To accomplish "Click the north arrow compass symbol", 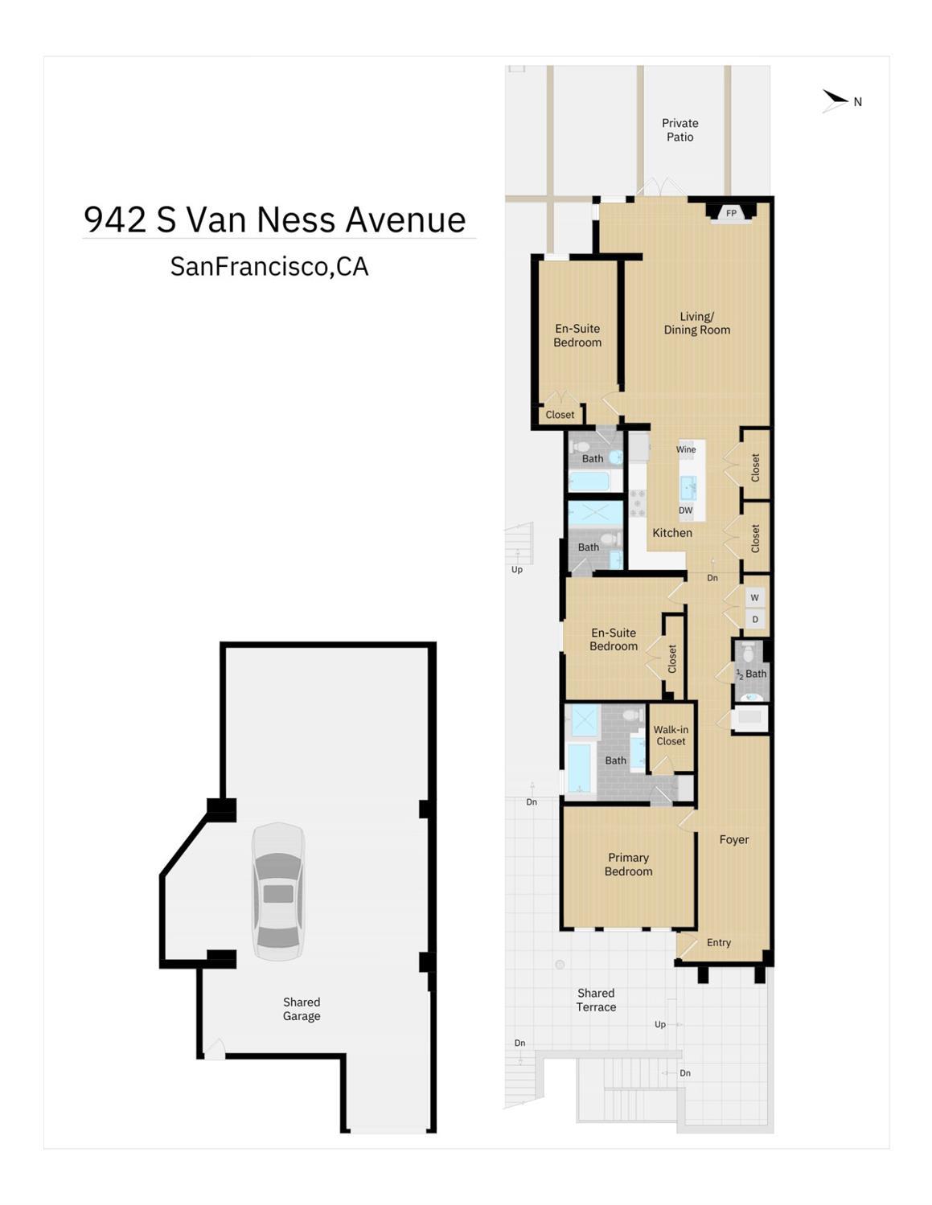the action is (835, 100).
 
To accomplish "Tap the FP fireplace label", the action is (731, 214).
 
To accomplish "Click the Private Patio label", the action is (679, 129).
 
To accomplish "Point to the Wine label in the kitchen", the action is (686, 449).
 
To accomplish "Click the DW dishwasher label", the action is (686, 510).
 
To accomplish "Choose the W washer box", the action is (754, 598).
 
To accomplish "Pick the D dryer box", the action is (754, 620).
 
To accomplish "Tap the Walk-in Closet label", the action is (671, 736).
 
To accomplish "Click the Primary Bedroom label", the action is (628, 864).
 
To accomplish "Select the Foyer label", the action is (734, 839).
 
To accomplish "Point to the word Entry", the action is (718, 942).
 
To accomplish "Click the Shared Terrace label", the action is (596, 1000).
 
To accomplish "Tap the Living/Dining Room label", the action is (696, 323).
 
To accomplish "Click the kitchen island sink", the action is (688, 488).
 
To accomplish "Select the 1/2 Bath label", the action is (751, 674).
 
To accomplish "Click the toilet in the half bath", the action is (748, 652).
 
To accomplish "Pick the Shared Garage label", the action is (302, 1009).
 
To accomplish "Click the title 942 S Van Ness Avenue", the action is (274, 219).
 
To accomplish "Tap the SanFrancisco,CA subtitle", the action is (269, 266).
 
